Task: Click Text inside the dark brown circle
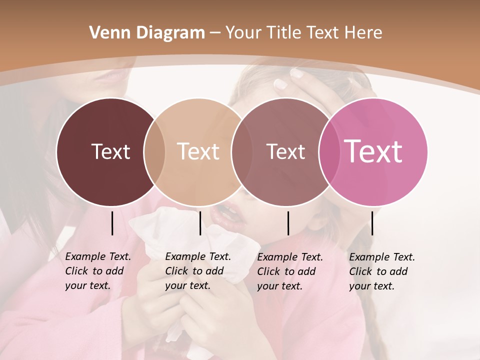110,151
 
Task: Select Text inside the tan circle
198,151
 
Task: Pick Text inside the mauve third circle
285,151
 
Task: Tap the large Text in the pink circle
373,151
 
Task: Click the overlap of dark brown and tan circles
154,152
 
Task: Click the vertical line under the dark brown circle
112,223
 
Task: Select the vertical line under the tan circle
200,223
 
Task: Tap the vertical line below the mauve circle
288,223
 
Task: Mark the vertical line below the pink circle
372,223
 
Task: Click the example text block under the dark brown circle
97,271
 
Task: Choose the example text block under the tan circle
197,271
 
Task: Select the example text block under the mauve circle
289,271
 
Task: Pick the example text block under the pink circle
381,271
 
